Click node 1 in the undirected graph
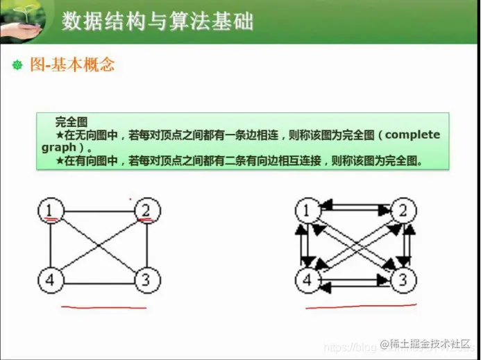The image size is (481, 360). tap(50, 210)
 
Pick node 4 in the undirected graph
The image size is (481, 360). tap(50, 280)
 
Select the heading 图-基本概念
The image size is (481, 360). tap(72, 65)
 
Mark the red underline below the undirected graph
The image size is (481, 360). tap(104, 307)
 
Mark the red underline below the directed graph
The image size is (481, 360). tap(361, 305)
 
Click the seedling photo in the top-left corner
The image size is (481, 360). tap(22, 21)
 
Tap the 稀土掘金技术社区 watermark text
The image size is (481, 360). tap(431, 345)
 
